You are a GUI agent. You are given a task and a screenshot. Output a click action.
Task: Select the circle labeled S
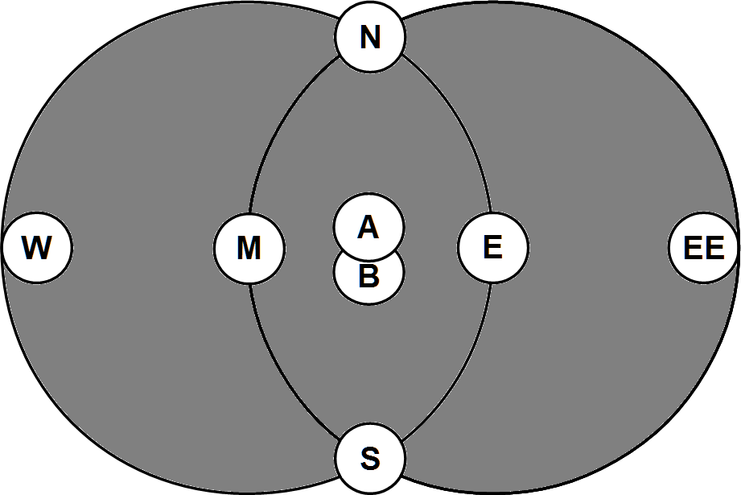coord(370,459)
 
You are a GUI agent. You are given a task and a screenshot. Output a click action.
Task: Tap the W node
coord(37,248)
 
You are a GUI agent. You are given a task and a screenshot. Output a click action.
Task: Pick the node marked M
coord(249,248)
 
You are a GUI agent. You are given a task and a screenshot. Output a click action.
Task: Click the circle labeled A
coord(368,227)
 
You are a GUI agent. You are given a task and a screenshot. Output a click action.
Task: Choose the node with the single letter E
coord(493,248)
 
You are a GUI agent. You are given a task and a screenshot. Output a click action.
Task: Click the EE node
coord(704,248)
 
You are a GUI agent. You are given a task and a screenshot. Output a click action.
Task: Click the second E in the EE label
coord(714,248)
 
